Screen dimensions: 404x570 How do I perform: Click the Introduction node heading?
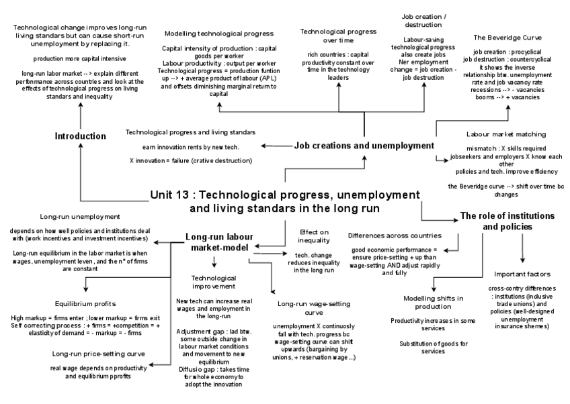pyautogui.click(x=80, y=136)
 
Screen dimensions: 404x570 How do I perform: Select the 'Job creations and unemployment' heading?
pyautogui.click(x=364, y=145)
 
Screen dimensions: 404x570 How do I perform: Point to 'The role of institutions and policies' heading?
pyautogui.click(x=507, y=221)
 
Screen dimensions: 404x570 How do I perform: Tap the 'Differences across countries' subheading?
pyautogui.click(x=395, y=236)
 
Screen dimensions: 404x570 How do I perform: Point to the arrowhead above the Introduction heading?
pyautogui.click(x=80, y=109)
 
